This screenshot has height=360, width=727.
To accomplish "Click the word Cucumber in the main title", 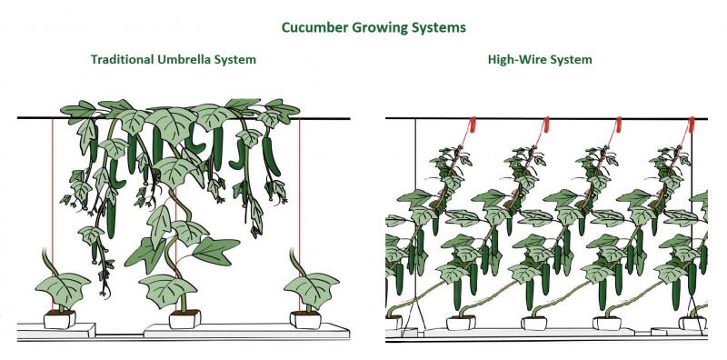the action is coord(314,27).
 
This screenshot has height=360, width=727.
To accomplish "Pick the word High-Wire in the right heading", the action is coord(514,59).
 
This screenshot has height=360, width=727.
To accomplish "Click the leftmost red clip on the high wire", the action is coord(473,125).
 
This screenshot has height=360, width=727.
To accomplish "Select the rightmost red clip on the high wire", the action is coord(692,125).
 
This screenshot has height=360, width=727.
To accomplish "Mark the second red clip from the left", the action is coord(546,125).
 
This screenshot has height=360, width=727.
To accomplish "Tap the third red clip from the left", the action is coord(618,125).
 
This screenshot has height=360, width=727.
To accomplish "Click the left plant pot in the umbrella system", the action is coord(60,319).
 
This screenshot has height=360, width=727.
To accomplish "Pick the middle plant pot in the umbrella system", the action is coord(185,319).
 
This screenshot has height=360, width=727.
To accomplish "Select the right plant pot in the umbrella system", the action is coord(305,319).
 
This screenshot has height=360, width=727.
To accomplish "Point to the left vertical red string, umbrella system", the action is coord(53,214).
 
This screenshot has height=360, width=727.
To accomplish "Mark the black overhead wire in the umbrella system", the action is coord(184,118).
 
